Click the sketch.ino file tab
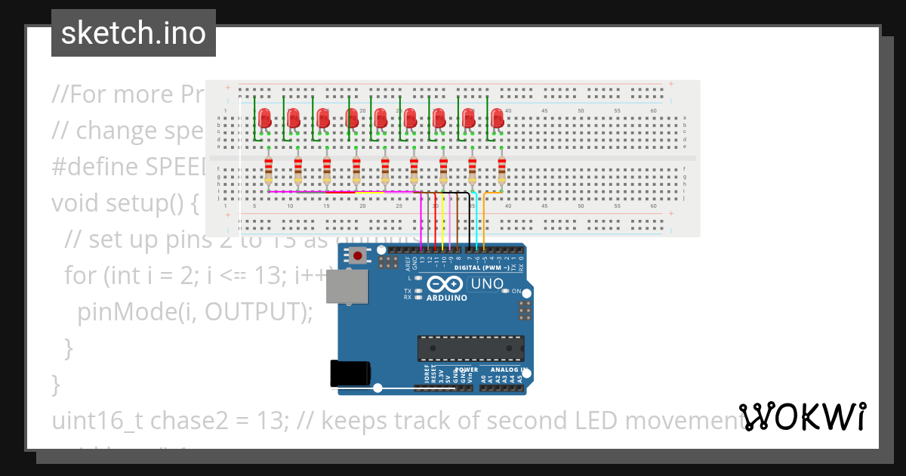(x=134, y=33)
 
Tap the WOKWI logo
(x=803, y=416)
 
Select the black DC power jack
(x=350, y=373)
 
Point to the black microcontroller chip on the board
(x=470, y=348)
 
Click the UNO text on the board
(x=486, y=284)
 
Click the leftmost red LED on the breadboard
(x=265, y=118)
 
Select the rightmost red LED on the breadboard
(x=497, y=118)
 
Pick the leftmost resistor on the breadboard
(x=269, y=171)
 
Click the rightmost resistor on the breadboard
(x=501, y=171)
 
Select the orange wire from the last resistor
(x=485, y=219)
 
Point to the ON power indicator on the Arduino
(x=516, y=291)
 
